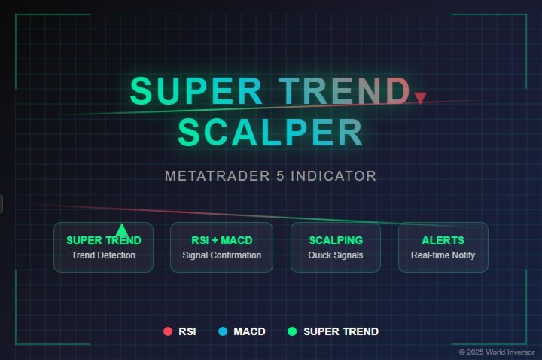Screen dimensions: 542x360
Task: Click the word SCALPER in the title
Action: click(270, 132)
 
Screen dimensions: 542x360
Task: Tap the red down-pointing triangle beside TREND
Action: click(420, 97)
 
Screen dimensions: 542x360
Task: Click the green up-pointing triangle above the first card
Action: click(122, 230)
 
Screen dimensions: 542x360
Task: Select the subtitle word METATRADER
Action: click(218, 176)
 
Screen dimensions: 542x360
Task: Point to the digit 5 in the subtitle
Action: click(280, 176)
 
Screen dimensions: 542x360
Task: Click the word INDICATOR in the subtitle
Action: click(333, 176)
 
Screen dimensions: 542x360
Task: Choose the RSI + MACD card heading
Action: click(222, 240)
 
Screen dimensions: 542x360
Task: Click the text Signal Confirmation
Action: click(222, 255)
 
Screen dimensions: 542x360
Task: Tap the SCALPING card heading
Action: click(336, 240)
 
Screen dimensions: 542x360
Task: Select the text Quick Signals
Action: click(336, 255)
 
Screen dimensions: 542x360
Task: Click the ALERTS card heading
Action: click(443, 240)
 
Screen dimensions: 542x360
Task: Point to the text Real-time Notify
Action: click(443, 255)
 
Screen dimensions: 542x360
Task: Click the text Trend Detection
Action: click(104, 255)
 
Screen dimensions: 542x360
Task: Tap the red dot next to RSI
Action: click(168, 331)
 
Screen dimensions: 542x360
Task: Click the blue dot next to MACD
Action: click(223, 331)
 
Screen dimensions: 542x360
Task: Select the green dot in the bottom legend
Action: click(292, 331)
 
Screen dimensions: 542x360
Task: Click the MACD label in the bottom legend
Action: click(250, 331)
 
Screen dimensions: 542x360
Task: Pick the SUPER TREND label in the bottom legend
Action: click(341, 331)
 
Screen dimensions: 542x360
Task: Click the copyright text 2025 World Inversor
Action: click(501, 352)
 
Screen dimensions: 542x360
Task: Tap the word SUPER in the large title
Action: click(196, 90)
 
